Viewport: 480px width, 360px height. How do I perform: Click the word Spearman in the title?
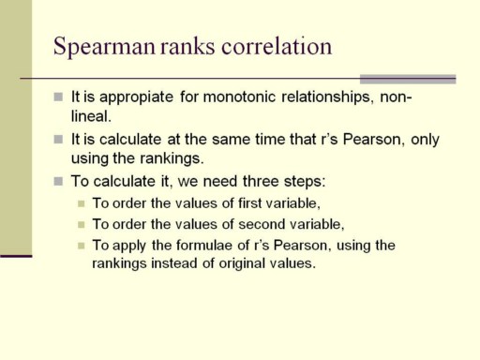coord(104,47)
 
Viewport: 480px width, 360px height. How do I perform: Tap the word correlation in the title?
coord(277,46)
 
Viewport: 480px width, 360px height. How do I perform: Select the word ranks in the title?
coord(187,46)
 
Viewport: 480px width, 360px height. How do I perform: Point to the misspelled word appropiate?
coord(136,97)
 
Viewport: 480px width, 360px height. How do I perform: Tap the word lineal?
coord(91,116)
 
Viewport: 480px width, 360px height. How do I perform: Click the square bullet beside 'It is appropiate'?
coord(58,97)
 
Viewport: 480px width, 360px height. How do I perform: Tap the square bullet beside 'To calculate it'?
coord(58,181)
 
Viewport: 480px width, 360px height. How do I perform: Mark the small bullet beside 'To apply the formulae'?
coord(82,246)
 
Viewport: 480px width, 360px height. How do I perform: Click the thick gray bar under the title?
coord(408,80)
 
